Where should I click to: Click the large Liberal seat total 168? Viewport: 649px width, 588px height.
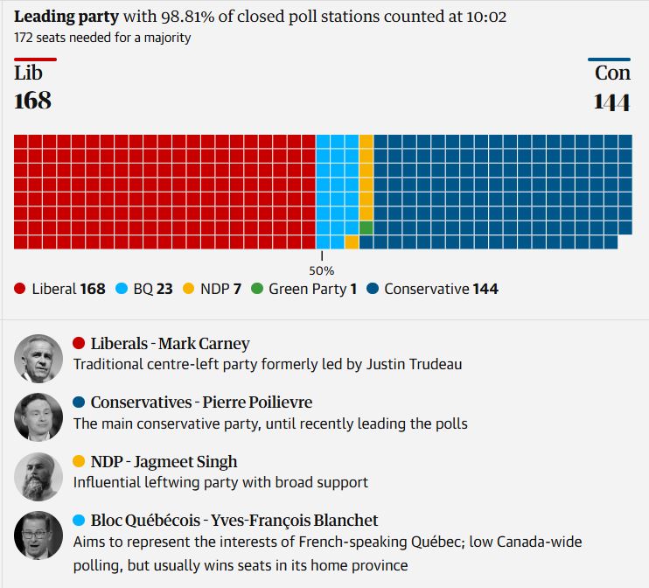(x=33, y=101)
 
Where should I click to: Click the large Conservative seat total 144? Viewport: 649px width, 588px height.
(x=611, y=101)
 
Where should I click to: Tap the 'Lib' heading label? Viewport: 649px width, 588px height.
(x=29, y=73)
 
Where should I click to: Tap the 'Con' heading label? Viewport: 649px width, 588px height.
(x=612, y=73)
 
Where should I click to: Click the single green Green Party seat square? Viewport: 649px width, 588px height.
(x=366, y=227)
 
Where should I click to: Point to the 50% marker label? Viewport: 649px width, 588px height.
(x=321, y=270)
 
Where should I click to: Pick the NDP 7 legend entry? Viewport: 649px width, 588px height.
(x=218, y=289)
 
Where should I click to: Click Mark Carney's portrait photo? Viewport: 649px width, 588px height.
(x=38, y=358)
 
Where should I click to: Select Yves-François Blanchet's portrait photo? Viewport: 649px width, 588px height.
(x=38, y=535)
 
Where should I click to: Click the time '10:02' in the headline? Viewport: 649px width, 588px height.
(x=487, y=17)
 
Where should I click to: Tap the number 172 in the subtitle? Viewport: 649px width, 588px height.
(x=24, y=38)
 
